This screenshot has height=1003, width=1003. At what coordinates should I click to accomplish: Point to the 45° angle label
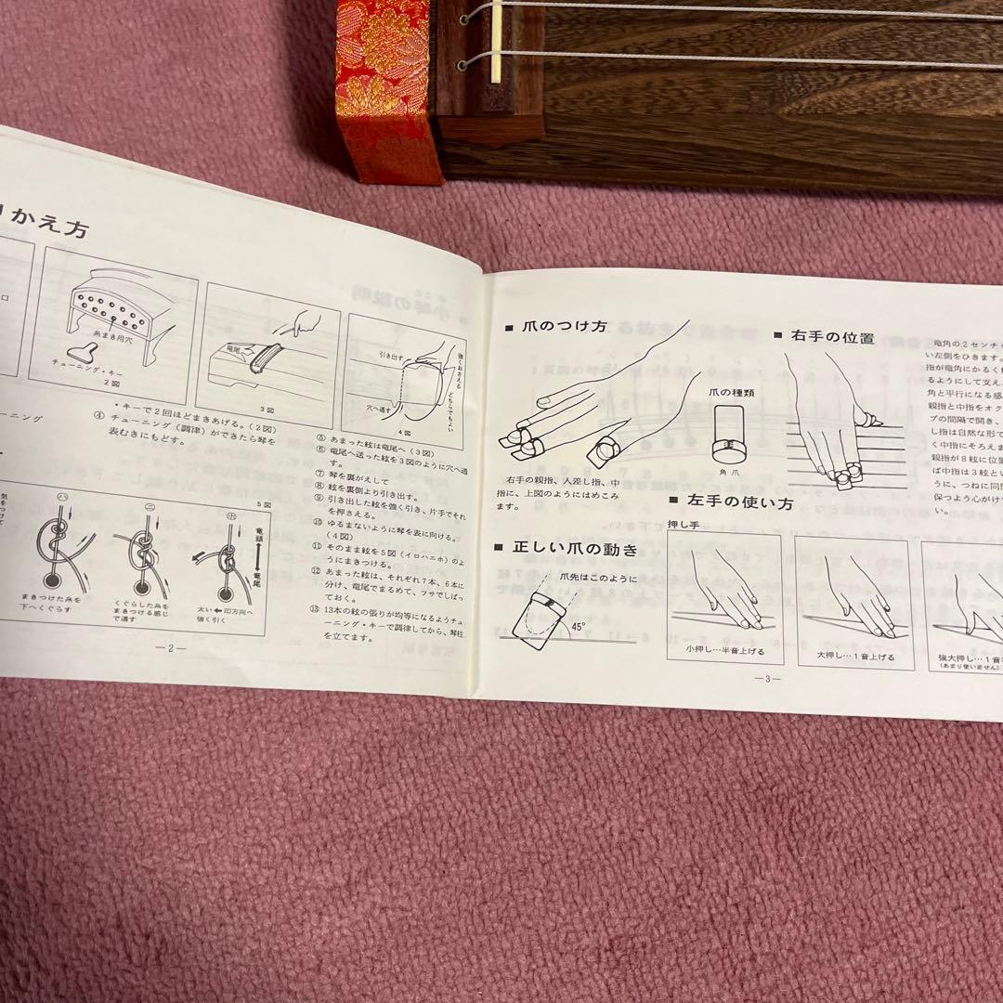(x=577, y=627)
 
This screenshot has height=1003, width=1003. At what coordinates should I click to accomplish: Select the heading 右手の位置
(x=828, y=338)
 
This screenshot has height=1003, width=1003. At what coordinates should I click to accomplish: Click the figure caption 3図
(x=267, y=409)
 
